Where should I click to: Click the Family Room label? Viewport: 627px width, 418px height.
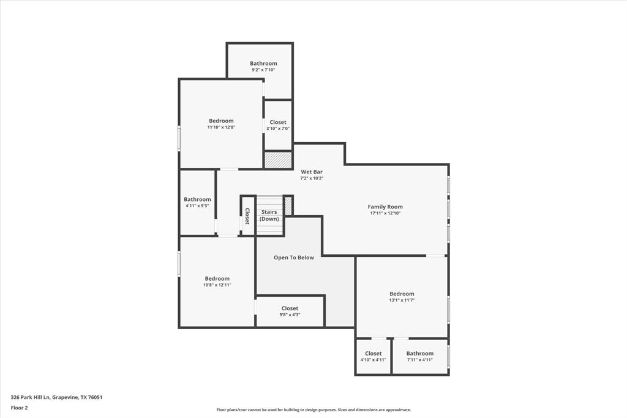coord(385,207)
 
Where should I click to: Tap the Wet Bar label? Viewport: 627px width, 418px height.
coord(312,172)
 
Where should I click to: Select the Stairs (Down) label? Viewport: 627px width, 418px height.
coord(269,216)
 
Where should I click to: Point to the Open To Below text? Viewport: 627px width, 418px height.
coord(294,258)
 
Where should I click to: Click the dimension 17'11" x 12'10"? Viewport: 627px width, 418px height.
coord(385,213)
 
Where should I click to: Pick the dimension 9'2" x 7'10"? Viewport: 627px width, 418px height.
coord(263,70)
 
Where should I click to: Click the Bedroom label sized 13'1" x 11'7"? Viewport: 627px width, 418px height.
coord(402,294)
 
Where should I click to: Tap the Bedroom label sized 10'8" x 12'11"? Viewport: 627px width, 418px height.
coord(217,279)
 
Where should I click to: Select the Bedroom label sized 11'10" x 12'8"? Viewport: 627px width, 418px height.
coord(221,121)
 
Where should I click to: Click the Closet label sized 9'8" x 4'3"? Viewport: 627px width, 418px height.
coord(290,309)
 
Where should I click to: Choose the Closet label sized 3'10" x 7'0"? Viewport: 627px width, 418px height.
coord(278,123)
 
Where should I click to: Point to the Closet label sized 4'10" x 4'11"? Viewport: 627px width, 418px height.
coord(374,354)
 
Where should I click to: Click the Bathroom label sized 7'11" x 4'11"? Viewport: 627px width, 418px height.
coord(420,354)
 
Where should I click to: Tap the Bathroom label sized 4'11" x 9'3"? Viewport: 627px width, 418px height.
coord(197,199)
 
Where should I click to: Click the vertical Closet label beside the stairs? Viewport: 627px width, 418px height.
coord(247,216)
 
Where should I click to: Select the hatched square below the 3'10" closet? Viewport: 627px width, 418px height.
coord(278,159)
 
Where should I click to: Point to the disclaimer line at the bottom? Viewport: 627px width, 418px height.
coord(313,410)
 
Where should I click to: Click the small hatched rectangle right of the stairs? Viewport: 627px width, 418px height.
coord(288,205)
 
